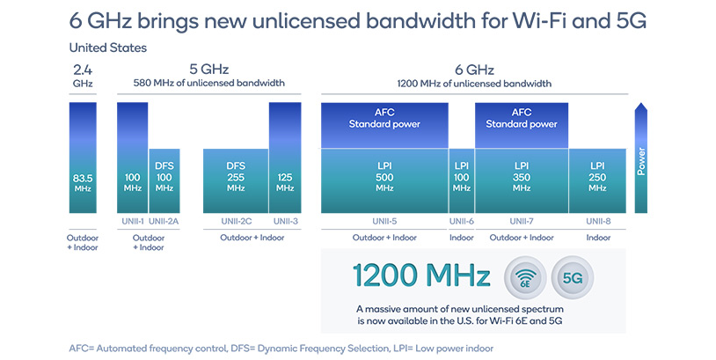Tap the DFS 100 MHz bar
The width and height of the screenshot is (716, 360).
tap(164, 180)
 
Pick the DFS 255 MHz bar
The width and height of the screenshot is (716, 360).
tap(236, 180)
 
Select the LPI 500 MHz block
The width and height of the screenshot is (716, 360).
tap(384, 180)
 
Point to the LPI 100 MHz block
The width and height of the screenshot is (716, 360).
tap(462, 180)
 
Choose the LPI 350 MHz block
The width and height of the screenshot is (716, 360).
tap(522, 180)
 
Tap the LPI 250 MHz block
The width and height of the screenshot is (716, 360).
tap(597, 180)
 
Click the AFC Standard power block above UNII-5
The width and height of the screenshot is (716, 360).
tap(384, 124)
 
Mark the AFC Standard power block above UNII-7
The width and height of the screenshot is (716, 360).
tap(522, 124)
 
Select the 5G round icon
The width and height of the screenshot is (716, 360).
tap(573, 278)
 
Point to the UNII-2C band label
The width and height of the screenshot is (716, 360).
tap(236, 221)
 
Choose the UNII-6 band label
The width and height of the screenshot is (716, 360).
tap(462, 221)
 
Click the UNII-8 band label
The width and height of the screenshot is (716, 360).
tap(597, 221)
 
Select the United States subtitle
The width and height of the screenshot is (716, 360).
tap(108, 48)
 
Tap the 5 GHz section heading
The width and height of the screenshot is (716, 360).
tap(208, 69)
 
